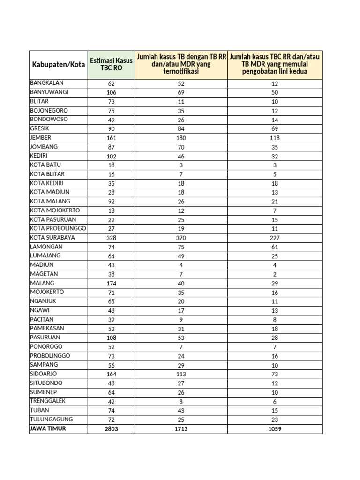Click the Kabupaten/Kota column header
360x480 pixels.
click(x=58, y=64)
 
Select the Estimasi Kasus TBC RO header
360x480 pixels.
click(x=111, y=64)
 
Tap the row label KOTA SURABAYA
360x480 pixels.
click(x=52, y=238)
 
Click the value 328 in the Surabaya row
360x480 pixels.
click(x=111, y=238)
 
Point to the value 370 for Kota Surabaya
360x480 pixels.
click(x=181, y=238)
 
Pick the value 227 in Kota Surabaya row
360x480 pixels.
click(x=275, y=238)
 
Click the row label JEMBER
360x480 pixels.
click(x=41, y=138)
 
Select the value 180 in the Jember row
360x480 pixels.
click(x=181, y=138)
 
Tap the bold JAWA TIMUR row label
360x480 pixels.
click(x=48, y=428)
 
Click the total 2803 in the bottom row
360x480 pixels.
click(x=111, y=429)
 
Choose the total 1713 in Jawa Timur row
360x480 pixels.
click(x=181, y=429)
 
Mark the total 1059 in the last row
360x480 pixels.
click(x=275, y=429)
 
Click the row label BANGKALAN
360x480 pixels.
click(x=47, y=83)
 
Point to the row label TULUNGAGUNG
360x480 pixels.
click(x=52, y=420)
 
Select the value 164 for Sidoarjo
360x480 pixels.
click(x=111, y=374)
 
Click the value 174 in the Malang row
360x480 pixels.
click(x=111, y=283)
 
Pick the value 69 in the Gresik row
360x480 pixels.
click(x=275, y=129)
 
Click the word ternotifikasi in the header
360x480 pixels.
click(x=181, y=72)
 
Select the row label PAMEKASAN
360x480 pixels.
click(x=47, y=329)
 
